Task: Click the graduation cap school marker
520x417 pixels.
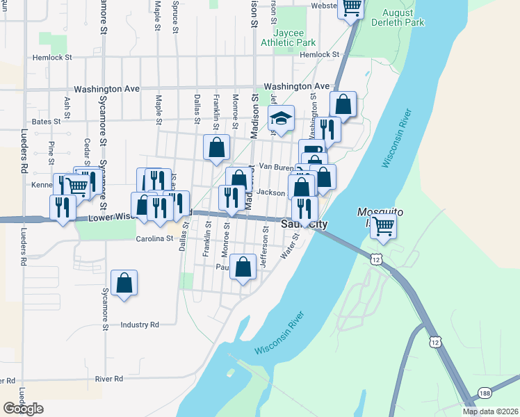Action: tap(282, 119)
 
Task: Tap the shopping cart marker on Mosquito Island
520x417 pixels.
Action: tap(383, 225)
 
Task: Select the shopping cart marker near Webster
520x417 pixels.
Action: tap(352, 8)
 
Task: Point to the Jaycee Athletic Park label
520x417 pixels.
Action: tap(288, 38)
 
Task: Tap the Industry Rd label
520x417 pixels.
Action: tap(139, 325)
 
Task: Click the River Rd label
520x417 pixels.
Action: tap(109, 379)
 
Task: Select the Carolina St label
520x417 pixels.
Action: tap(154, 238)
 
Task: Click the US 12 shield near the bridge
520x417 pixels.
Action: tap(376, 259)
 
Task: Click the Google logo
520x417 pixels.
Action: tap(23, 408)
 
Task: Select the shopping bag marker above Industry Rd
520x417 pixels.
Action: tap(124, 283)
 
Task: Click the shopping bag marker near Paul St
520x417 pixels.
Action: tap(243, 268)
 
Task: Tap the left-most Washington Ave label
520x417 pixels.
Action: tap(106, 89)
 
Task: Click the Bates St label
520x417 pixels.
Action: tap(47, 121)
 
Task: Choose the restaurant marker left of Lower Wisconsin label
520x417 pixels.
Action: tap(63, 206)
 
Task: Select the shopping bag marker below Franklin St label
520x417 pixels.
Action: tap(217, 147)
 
